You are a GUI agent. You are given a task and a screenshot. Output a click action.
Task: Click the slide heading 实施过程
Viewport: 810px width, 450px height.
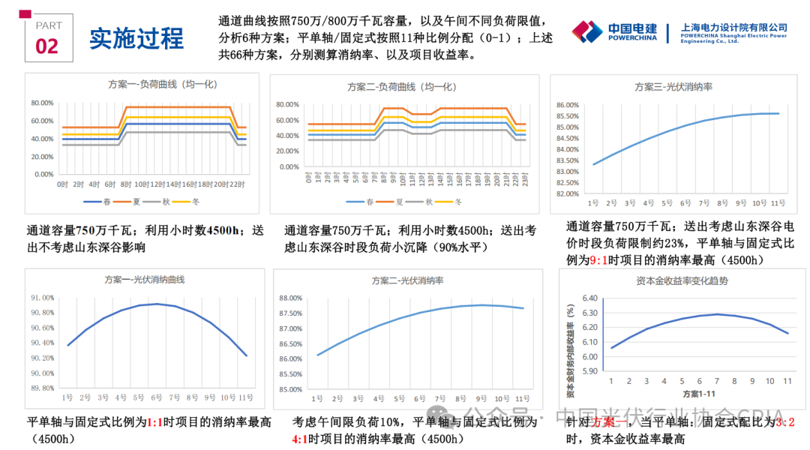pyautogui.click(x=136, y=38)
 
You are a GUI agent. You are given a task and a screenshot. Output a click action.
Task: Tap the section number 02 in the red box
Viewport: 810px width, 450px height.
pyautogui.click(x=46, y=46)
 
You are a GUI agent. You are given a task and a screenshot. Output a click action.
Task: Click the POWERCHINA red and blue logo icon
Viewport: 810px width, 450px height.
pyautogui.click(x=587, y=31)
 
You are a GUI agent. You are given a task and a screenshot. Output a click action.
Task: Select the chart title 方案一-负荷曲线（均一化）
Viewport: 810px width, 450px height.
pyautogui.click(x=141, y=85)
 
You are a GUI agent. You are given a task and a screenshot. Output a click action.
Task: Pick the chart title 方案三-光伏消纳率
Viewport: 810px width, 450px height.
pyautogui.click(x=673, y=87)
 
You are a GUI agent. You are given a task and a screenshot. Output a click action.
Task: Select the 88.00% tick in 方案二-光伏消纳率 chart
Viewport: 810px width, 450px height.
pyautogui.click(x=290, y=298)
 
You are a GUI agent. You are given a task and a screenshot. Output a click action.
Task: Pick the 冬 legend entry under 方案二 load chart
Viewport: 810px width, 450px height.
pyautogui.click(x=454, y=201)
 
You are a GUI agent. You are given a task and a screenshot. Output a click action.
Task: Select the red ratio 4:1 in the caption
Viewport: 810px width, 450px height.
pyautogui.click(x=300, y=439)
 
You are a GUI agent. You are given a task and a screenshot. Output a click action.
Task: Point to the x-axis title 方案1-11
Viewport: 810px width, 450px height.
pyautogui.click(x=699, y=394)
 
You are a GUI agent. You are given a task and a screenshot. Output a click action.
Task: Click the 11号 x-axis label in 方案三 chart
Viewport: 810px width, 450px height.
pyautogui.click(x=778, y=203)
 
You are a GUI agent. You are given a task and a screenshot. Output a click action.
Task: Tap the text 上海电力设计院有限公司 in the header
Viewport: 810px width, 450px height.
pyautogui.click(x=733, y=28)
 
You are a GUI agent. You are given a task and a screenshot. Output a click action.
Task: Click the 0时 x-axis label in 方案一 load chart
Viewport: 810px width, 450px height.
pyautogui.click(x=63, y=184)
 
